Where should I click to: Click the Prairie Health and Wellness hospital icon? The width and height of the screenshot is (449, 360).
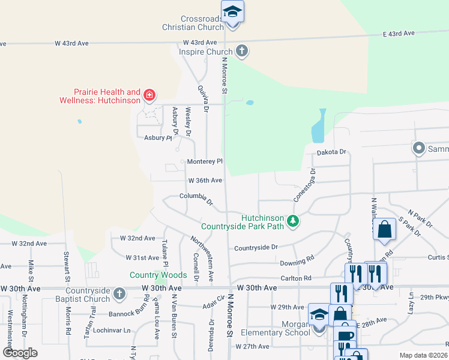149,95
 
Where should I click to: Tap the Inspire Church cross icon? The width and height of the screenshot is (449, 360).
242,51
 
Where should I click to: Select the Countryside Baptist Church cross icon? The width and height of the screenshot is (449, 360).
119,293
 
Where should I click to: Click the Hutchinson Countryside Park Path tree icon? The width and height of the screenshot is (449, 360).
293,221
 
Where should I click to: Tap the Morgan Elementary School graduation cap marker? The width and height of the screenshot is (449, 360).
319,315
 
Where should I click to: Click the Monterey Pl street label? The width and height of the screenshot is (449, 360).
205,161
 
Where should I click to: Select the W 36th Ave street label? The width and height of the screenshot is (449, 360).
205,180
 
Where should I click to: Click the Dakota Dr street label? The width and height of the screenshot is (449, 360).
332,152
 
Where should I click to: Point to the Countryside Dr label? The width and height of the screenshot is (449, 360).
256,247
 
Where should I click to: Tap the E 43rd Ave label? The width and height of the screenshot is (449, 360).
400,34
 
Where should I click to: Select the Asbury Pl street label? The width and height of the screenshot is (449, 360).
158,137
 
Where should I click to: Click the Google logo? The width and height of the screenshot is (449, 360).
20,353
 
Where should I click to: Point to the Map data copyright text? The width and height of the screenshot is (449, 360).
423,355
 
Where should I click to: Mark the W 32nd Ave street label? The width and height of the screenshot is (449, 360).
137,238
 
